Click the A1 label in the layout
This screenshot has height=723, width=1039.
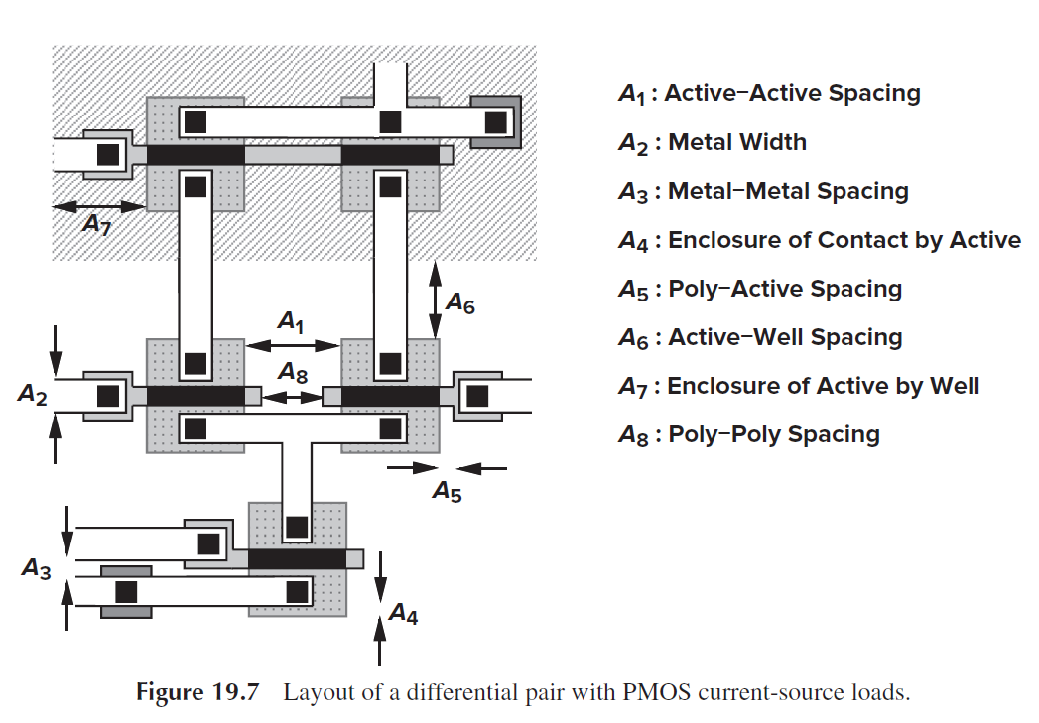[290, 322]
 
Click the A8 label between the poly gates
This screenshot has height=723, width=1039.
[292, 373]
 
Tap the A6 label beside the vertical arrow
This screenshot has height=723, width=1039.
[459, 302]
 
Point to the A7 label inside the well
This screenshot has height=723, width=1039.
[96, 225]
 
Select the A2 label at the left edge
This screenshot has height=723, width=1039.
[33, 395]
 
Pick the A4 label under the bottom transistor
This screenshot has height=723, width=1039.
[403, 615]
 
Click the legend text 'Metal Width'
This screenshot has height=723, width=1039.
[737, 142]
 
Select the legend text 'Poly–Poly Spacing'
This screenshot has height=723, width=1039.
[774, 434]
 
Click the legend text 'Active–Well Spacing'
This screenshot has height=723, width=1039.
[785, 337]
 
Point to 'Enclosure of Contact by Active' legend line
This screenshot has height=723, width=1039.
[844, 240]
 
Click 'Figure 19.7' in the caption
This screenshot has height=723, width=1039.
[196, 692]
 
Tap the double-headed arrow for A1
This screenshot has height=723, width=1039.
[293, 345]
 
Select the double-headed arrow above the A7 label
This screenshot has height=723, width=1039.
[98, 206]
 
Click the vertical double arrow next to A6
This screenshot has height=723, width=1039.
[435, 299]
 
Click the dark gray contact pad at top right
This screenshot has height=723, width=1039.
[495, 121]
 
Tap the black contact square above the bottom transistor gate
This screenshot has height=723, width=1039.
[297, 526]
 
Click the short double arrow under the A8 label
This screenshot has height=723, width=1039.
[294, 397]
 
